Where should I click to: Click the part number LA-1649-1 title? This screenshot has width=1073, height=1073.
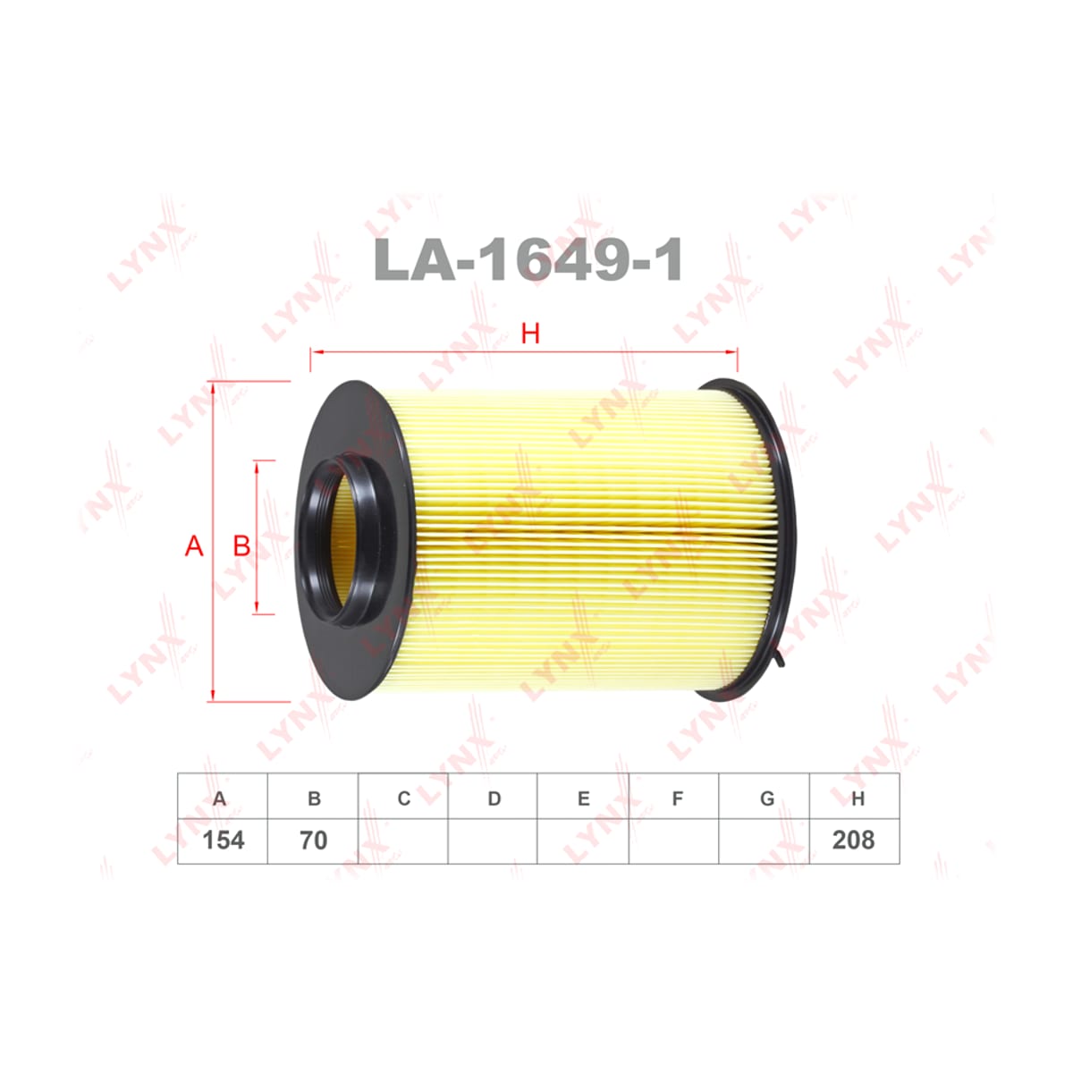[528, 259]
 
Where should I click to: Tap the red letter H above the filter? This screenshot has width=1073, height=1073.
[530, 334]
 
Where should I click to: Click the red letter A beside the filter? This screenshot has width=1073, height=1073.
[194, 546]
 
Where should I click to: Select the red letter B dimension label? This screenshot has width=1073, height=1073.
[241, 546]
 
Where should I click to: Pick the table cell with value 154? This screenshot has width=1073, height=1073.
[223, 841]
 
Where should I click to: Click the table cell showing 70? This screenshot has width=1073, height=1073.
[313, 841]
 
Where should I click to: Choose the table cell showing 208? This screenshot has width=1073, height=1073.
[854, 841]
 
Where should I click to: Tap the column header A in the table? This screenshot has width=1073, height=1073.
[219, 798]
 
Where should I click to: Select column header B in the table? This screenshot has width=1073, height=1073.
[314, 798]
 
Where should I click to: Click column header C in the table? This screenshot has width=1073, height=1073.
[403, 798]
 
